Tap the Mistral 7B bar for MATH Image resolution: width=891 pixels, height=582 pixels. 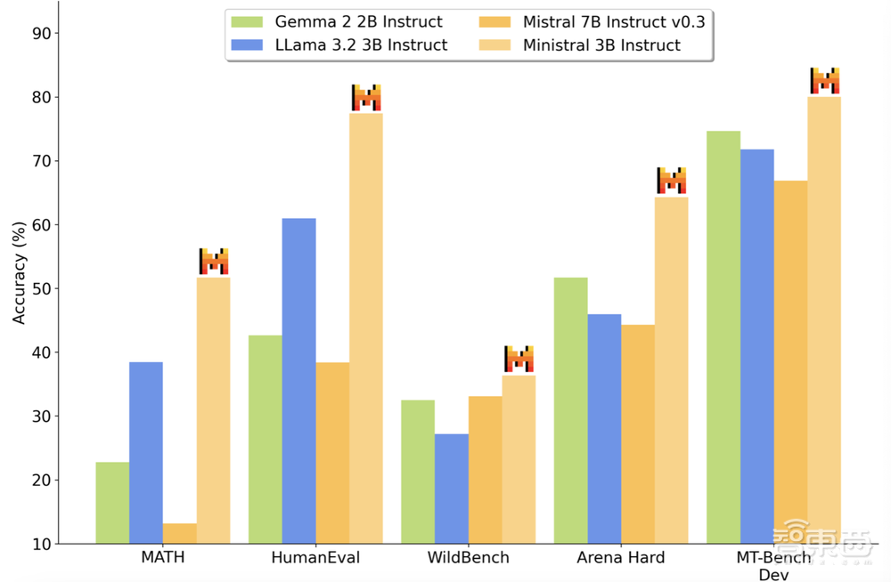[180, 533]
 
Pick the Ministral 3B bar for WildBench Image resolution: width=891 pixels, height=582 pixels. [519, 459]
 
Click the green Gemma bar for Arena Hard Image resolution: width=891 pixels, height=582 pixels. [571, 410]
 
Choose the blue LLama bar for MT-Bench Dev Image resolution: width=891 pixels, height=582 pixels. [757, 346]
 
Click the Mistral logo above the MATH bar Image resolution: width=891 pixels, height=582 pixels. [214, 262]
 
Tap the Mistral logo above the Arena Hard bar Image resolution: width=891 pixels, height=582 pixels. [672, 181]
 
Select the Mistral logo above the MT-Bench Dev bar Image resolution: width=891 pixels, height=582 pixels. [825, 81]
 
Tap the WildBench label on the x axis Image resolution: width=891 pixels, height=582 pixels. [468, 558]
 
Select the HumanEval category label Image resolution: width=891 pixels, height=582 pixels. [315, 558]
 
